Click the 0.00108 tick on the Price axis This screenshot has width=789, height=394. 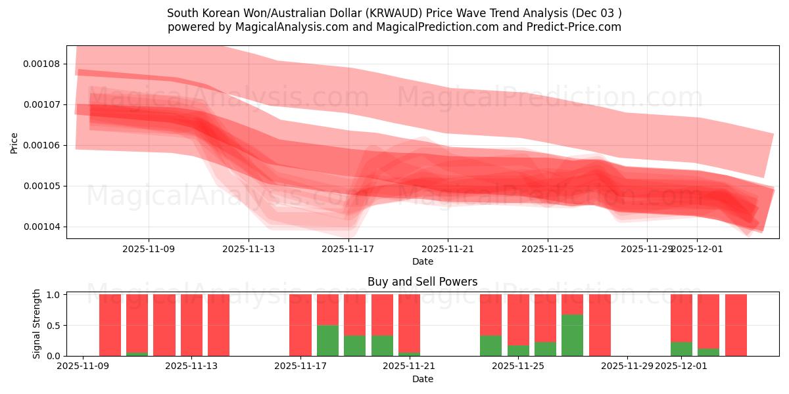pos(41,64)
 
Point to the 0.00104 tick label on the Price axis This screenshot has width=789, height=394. pos(41,227)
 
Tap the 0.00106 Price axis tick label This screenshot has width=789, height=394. pos(41,145)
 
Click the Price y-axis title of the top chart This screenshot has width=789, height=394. pos(14,142)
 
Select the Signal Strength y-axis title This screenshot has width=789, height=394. pos(37,324)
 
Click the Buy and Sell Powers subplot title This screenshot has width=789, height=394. pos(422,282)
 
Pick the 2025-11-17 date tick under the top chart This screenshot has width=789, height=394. pos(348,249)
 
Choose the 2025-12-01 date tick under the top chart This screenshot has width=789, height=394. pos(697,249)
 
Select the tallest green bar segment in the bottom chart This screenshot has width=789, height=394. pos(572,335)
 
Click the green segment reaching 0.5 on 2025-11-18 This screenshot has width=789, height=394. pos(327,340)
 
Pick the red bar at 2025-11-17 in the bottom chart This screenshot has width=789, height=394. pos(300,325)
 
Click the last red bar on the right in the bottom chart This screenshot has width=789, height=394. pos(736,325)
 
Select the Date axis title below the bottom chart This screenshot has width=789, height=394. pos(422,379)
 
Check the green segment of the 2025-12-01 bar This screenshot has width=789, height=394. pos(681,349)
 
